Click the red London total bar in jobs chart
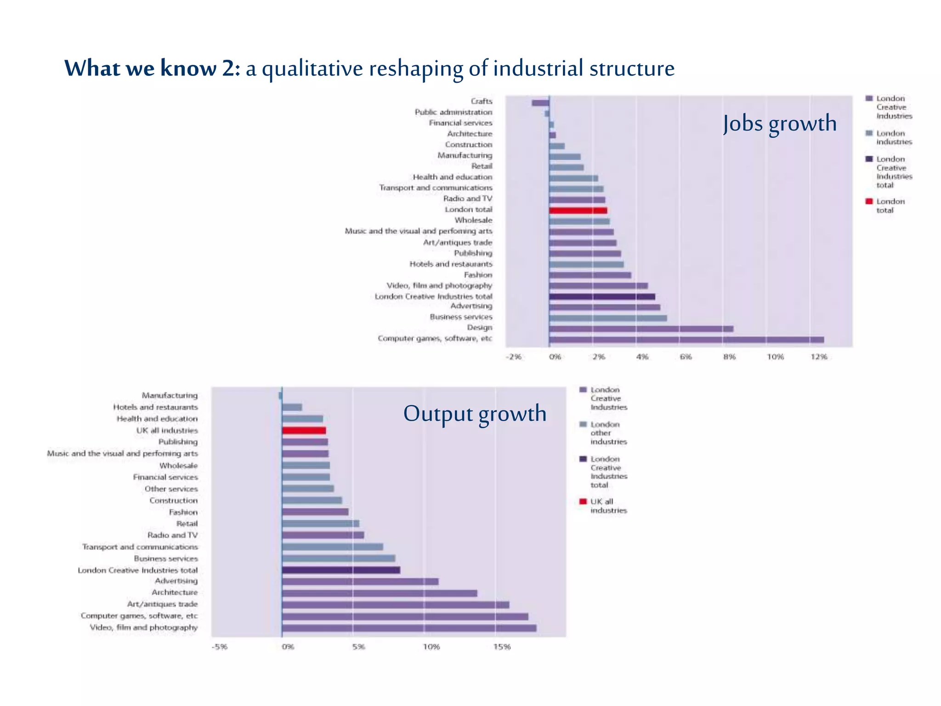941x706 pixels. [578, 211]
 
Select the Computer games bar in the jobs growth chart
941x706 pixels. [686, 340]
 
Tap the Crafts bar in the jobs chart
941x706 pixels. [540, 102]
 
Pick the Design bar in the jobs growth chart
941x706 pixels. [641, 329]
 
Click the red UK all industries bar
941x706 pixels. [304, 431]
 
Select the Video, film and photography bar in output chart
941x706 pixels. [409, 628]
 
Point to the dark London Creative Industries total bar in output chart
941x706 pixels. [341, 570]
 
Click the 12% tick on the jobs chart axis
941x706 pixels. [819, 357]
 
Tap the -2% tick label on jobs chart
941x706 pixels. [514, 357]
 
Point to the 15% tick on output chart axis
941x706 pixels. [502, 647]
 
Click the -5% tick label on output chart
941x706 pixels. [219, 647]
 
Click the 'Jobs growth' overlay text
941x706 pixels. [779, 123]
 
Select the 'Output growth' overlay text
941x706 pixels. [475, 413]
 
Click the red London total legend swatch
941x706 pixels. [869, 201]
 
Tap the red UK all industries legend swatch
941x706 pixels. [583, 501]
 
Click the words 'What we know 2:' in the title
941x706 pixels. [152, 68]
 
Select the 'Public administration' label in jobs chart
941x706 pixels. [453, 112]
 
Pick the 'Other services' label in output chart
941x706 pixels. [171, 489]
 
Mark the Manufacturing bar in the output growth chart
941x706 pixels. [280, 395]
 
